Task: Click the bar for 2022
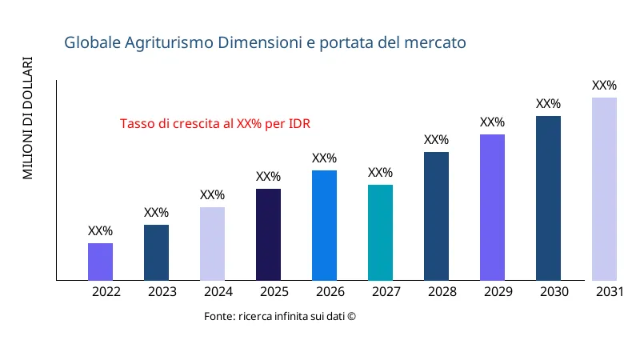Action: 100,262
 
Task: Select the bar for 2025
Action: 268,234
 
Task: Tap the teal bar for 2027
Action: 380,232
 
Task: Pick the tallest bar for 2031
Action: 604,189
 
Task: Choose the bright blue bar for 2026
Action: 324,225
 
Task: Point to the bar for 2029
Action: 492,207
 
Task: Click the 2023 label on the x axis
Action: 162,292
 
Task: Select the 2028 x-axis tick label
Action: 442,292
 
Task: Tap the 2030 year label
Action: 554,292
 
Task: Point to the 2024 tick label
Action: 218,292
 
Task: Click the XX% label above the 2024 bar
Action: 212,195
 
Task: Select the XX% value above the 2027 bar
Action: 380,173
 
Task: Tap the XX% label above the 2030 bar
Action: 548,104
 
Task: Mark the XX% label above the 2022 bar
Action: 100,231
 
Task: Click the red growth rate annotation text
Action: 215,124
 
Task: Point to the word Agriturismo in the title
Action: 168,42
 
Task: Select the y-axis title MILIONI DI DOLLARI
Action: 28,118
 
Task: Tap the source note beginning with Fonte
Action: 279,317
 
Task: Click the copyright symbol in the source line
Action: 351,317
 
